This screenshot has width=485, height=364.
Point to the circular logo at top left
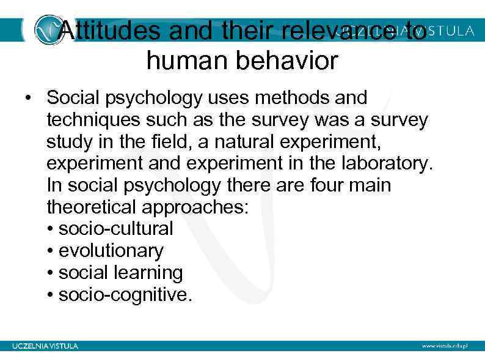48,30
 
